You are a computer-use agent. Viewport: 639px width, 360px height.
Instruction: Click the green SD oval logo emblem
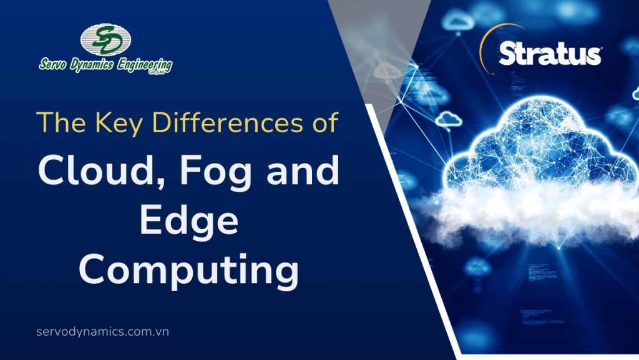click(105, 40)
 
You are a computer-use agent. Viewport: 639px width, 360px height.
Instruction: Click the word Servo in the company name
click(55, 65)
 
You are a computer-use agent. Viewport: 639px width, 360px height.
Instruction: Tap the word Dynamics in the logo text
click(94, 65)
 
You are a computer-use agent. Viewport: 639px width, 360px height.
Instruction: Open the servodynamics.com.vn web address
click(103, 331)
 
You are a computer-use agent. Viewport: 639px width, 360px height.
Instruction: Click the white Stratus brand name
click(550, 55)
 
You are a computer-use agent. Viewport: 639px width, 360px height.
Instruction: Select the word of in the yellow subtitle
click(325, 122)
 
